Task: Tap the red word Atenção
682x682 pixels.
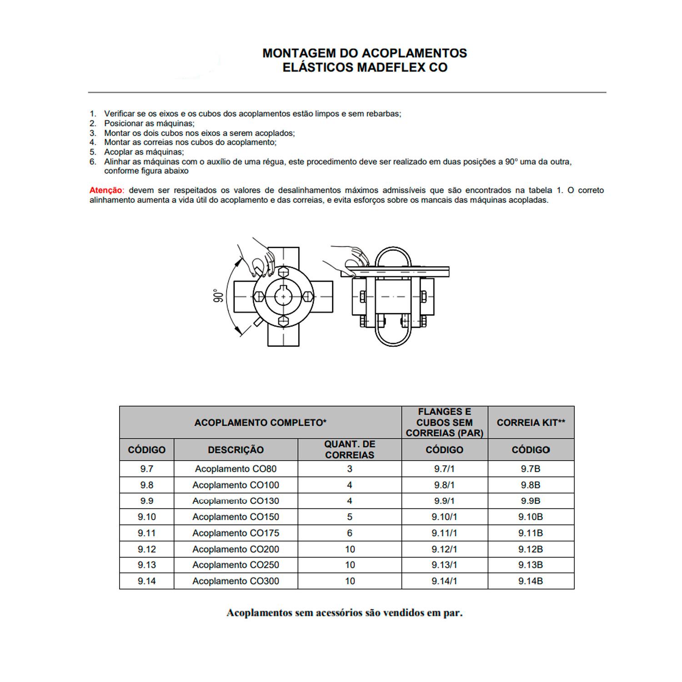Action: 105,190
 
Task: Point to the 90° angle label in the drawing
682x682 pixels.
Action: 219,296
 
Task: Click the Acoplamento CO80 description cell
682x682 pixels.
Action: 236,469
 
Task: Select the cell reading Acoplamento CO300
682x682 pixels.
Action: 236,581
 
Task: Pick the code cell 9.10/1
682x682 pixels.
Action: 444,517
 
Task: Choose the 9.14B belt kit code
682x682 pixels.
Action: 530,581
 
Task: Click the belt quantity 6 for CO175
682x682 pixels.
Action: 349,533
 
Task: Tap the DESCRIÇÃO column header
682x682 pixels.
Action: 236,450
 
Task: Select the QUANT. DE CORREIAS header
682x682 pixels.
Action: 349,450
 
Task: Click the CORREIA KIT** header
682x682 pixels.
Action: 531,422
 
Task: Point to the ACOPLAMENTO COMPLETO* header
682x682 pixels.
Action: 260,422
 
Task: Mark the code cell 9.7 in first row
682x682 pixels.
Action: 146,469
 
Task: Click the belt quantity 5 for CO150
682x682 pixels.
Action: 349,517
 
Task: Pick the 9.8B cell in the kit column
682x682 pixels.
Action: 530,485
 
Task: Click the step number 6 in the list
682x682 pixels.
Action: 93,161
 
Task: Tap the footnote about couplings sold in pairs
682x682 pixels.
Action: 344,613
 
